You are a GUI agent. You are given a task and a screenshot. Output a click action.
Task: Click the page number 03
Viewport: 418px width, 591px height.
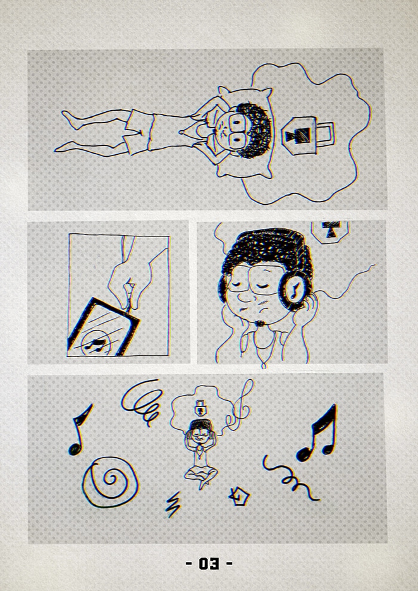tap(209, 564)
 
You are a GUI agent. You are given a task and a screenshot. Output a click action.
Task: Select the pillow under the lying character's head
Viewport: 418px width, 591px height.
tap(245, 132)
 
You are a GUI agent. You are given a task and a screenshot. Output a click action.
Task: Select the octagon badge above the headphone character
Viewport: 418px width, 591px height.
tap(330, 232)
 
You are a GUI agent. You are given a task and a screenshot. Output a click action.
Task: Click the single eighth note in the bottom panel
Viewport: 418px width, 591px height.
tap(80, 430)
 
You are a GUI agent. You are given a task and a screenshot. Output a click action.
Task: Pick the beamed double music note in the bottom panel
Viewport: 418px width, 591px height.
tap(317, 434)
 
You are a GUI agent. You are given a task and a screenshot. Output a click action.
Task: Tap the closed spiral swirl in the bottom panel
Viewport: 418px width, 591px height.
tap(110, 482)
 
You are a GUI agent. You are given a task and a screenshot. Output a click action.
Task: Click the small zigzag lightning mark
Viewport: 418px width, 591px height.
tap(173, 506)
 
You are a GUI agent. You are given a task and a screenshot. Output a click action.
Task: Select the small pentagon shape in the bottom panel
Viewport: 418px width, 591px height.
tap(239, 497)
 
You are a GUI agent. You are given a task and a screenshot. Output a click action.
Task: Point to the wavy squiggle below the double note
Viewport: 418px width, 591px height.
tap(291, 478)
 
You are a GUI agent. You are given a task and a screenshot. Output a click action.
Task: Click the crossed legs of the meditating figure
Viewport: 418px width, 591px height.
tap(201, 474)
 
